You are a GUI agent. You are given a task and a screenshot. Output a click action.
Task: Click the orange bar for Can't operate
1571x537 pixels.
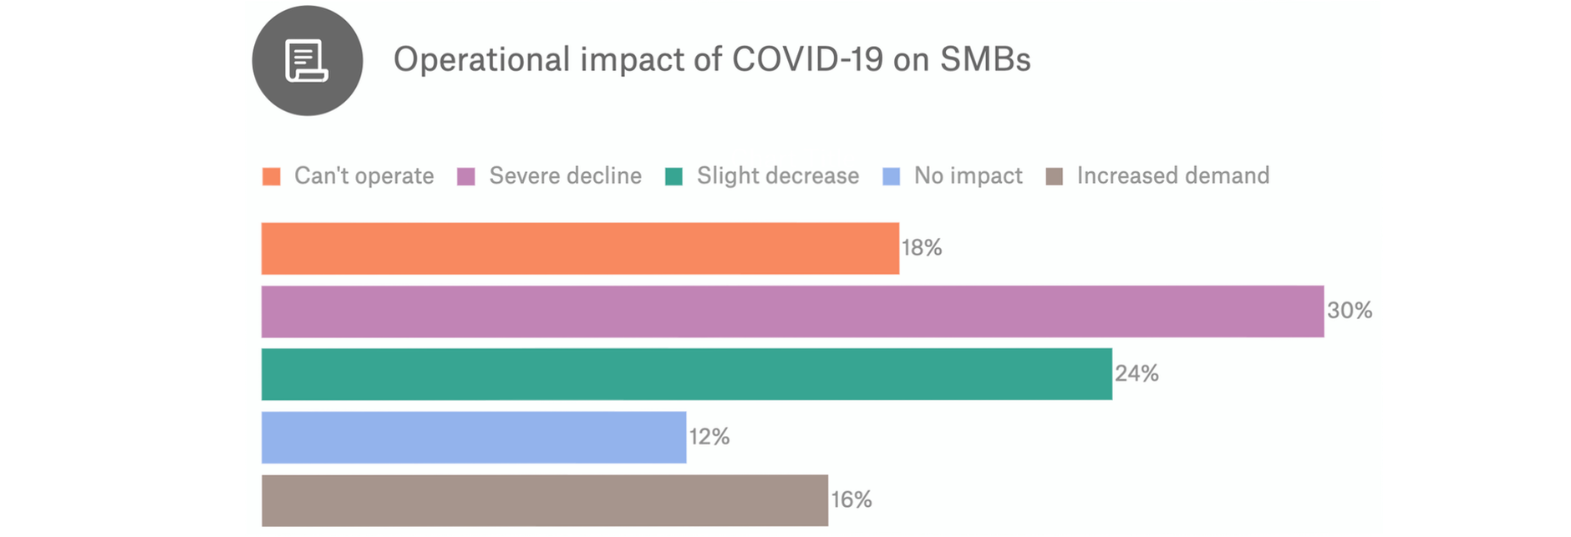[580, 248]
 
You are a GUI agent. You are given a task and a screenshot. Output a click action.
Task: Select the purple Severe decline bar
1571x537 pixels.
[792, 312]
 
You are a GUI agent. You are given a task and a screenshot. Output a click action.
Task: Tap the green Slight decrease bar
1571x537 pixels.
[686, 374]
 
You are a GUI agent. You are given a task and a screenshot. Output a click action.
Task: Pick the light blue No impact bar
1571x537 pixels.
[473, 437]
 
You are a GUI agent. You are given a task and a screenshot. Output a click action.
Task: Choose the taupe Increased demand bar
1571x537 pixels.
[544, 500]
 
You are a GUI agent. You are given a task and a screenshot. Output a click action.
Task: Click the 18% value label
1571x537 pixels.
[922, 248]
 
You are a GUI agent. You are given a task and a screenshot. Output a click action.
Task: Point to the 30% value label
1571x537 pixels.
[1350, 311]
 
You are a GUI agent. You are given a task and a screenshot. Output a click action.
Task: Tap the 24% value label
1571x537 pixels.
[1136, 373]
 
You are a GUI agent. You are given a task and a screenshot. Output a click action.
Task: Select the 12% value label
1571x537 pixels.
[709, 437]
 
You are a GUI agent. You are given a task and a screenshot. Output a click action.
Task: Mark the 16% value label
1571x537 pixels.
[852, 499]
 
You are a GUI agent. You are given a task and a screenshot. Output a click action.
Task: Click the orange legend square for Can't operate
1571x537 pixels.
[272, 176]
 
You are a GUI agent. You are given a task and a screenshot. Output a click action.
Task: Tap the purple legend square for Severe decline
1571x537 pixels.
[466, 176]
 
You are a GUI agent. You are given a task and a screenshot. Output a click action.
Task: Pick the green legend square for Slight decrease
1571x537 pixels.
[674, 176]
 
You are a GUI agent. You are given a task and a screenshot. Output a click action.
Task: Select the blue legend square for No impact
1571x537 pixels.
[892, 176]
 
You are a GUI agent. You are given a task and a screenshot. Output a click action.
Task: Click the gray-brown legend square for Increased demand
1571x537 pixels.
[1055, 176]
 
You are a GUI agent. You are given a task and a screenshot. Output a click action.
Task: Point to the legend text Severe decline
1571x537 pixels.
[566, 175]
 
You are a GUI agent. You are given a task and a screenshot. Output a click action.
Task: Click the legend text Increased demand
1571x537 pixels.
[1173, 175]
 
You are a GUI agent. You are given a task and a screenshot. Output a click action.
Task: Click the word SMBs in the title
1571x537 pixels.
[985, 60]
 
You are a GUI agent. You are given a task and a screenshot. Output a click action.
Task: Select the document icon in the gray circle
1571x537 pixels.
[307, 61]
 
